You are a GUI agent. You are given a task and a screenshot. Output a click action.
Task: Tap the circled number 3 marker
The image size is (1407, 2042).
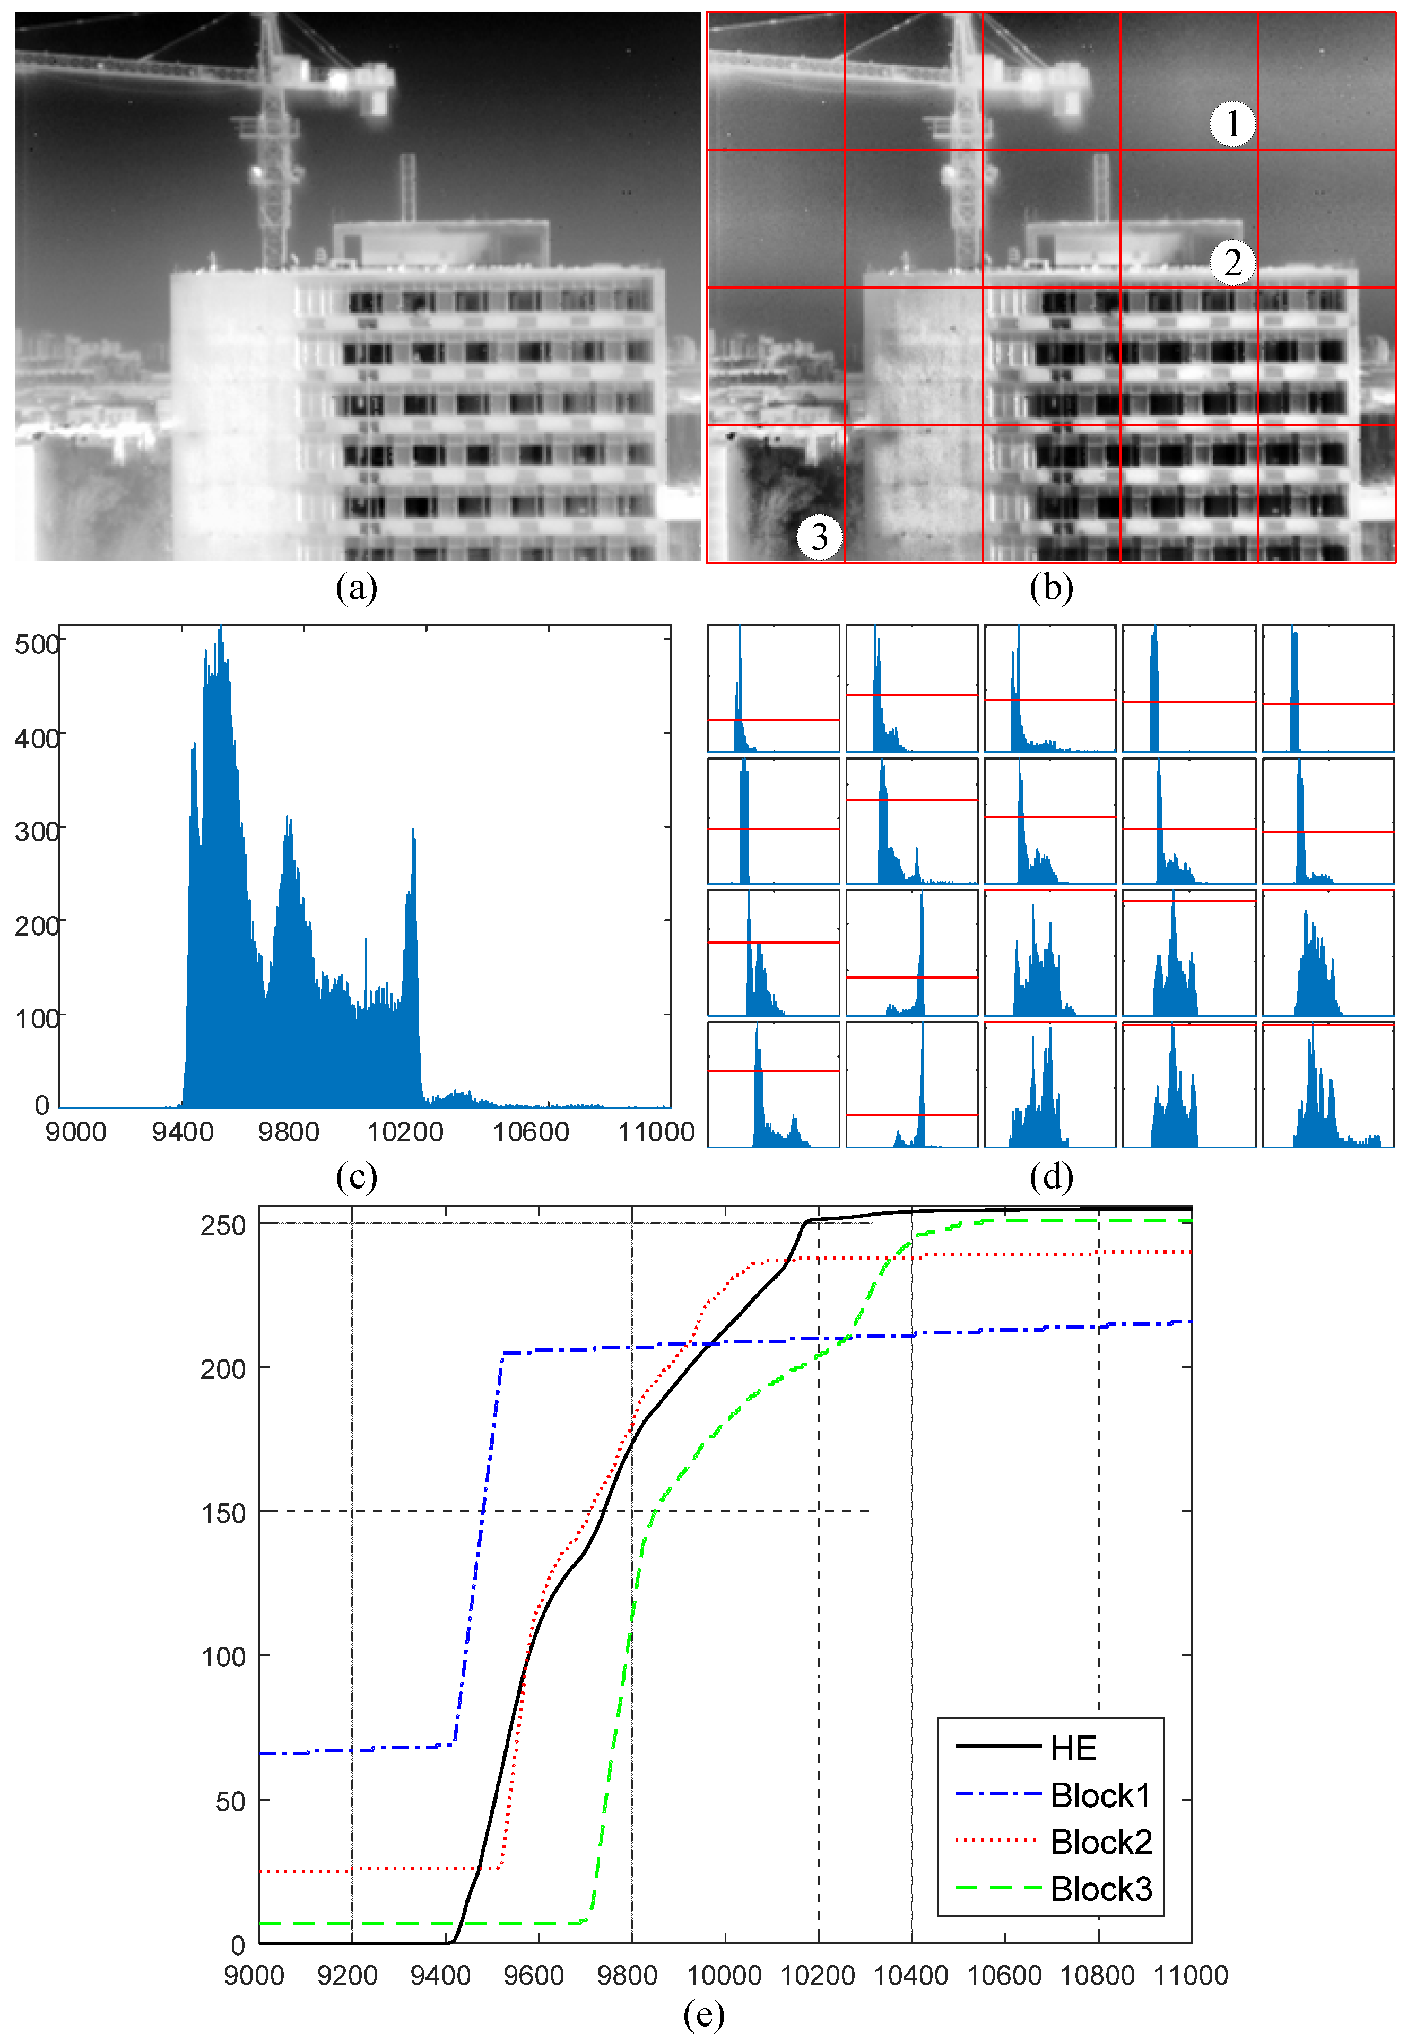[x=819, y=536]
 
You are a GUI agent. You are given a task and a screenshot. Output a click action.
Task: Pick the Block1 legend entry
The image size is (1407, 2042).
[x=1100, y=1795]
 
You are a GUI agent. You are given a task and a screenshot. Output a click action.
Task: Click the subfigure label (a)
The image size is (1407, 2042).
[x=356, y=588]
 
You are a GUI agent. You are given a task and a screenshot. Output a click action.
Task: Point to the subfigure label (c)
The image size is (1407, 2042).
[x=356, y=1176]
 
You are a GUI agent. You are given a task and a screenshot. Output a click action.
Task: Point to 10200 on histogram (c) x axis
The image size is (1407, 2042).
[x=405, y=1132]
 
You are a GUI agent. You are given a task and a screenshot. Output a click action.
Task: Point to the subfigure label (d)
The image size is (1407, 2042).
[x=1051, y=1176]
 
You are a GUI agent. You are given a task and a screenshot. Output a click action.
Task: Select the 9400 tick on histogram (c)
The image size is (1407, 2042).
[x=183, y=1132]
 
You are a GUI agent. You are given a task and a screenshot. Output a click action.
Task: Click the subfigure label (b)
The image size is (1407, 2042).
[x=1051, y=588]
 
